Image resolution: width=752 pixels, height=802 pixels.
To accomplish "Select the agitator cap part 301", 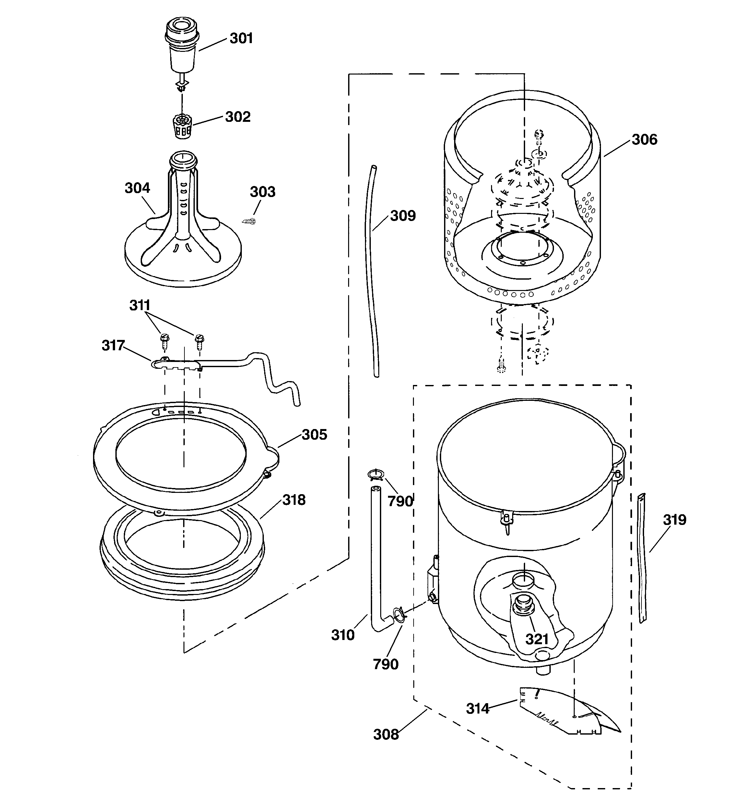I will (182, 46).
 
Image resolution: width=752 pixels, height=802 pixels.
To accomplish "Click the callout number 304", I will (137, 188).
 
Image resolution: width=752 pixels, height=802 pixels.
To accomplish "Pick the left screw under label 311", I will (165, 340).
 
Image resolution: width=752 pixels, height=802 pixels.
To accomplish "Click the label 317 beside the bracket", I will (113, 345).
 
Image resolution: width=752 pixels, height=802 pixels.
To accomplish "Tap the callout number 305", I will (314, 435).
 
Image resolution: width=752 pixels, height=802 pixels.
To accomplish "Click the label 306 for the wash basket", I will (644, 140).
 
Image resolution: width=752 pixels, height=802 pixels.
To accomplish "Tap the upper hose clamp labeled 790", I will (375, 474).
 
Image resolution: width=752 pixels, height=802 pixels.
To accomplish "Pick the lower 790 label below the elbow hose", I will (385, 664).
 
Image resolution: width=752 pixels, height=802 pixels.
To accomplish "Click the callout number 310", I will (342, 635).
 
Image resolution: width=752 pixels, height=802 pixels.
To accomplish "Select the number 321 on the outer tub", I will (536, 639).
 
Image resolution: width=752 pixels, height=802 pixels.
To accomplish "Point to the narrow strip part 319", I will (641, 557).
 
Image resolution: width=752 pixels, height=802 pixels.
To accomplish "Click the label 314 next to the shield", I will (477, 708).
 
